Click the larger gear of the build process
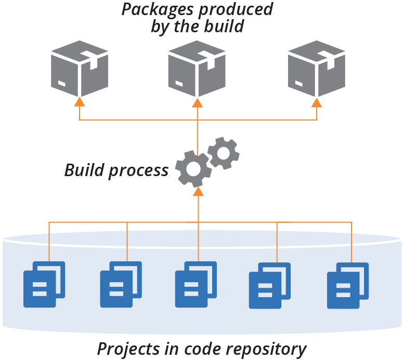click(193, 168)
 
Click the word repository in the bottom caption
click(267, 349)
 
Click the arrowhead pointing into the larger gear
click(197, 192)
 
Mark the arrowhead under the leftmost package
click(80, 101)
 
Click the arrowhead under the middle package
click(197, 101)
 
